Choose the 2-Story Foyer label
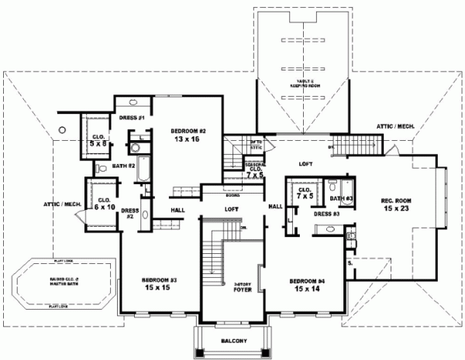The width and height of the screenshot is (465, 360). (x=243, y=288)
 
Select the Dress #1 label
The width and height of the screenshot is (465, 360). (x=133, y=117)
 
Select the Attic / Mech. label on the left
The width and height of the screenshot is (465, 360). (x=63, y=204)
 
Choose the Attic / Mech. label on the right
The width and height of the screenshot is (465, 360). (x=396, y=125)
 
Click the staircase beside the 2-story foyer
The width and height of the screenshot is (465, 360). (x=211, y=255)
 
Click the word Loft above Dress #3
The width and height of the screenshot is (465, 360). (x=306, y=164)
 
